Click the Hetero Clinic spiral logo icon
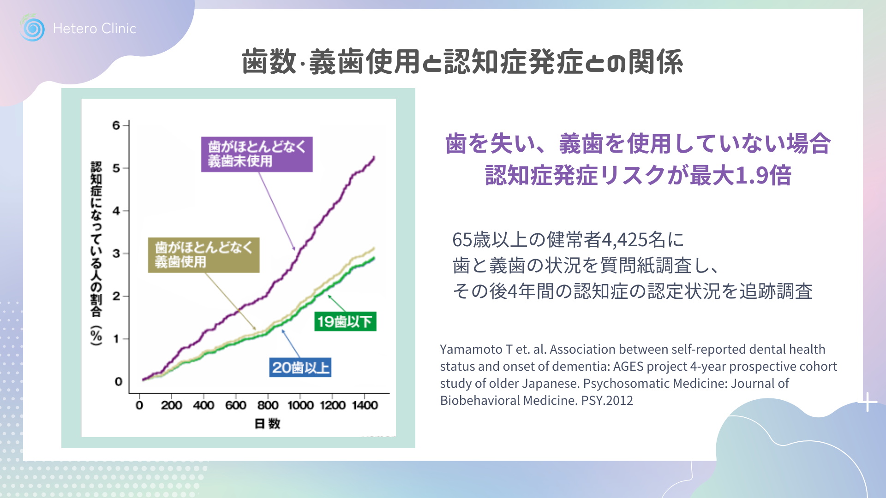tap(32, 29)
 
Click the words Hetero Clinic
tap(95, 29)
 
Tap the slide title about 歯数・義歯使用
tap(462, 62)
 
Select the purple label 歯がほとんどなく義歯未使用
tap(257, 154)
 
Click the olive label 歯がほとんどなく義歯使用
tap(204, 255)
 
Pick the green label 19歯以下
tap(345, 321)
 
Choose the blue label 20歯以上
tap(300, 368)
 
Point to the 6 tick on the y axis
tap(116, 125)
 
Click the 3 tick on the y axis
tap(116, 253)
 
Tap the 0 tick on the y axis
tap(118, 381)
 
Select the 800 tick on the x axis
tap(268, 405)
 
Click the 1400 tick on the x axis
tap(365, 405)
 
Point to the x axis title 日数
tap(267, 423)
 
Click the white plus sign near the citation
tap(868, 402)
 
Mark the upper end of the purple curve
tap(374, 158)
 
